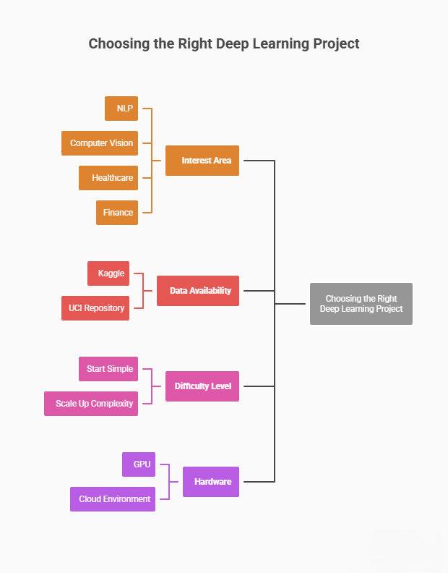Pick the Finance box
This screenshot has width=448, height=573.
pos(117,213)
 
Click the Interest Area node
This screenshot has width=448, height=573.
pos(202,161)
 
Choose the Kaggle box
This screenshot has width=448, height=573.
pos(108,273)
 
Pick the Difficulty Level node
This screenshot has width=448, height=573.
pos(202,386)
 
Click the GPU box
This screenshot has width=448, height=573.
pos(139,464)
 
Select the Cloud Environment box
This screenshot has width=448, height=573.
pos(113,499)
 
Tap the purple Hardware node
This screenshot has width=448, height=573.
pos(211,482)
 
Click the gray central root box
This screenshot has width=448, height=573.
pos(361,304)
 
